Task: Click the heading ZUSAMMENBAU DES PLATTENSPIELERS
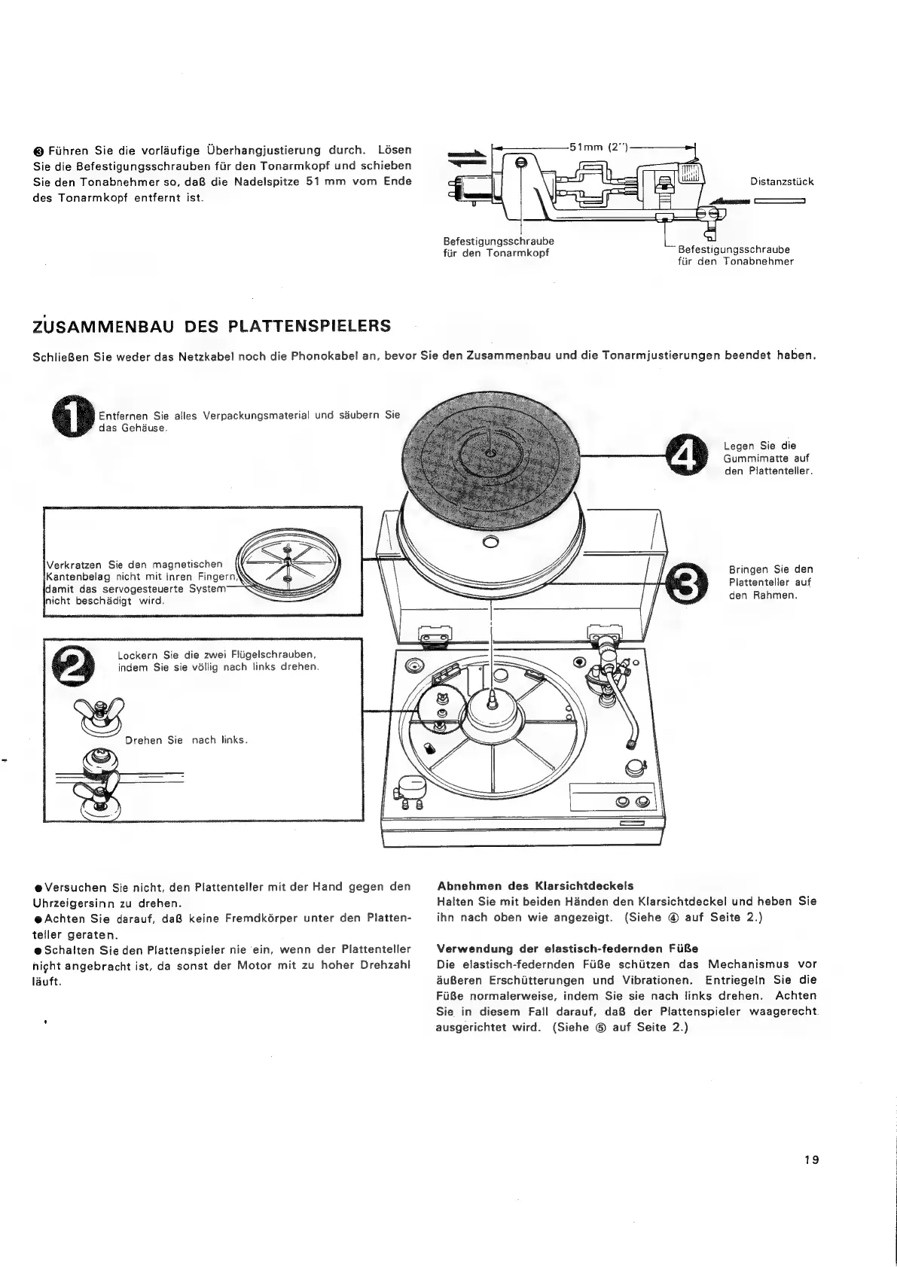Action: [x=212, y=326]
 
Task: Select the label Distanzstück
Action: [x=782, y=181]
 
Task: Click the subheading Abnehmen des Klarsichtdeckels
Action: [x=535, y=885]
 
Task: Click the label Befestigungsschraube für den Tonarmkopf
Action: [x=499, y=246]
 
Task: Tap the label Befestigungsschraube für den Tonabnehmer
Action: [x=735, y=255]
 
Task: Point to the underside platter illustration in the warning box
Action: [x=288, y=566]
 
